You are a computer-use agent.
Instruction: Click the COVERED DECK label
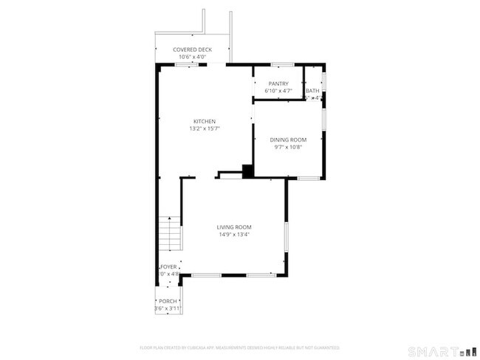click(192, 49)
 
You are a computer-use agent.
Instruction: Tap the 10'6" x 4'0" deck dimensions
click(192, 56)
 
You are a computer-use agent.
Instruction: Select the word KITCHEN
click(205, 122)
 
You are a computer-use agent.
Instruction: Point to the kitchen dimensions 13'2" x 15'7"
click(205, 128)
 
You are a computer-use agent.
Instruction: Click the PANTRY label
click(278, 84)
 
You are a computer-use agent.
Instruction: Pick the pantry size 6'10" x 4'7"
click(278, 91)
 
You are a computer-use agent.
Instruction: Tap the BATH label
click(313, 91)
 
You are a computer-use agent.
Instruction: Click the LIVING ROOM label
click(234, 227)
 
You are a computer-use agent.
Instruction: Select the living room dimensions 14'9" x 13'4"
click(234, 235)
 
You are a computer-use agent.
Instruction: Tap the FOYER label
click(168, 267)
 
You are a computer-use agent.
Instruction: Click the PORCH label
click(168, 301)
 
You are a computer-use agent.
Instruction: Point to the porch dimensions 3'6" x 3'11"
click(168, 308)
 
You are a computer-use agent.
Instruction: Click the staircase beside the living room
click(171, 235)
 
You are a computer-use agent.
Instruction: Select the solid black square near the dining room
click(248, 170)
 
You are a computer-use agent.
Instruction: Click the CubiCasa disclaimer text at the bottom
click(239, 347)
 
